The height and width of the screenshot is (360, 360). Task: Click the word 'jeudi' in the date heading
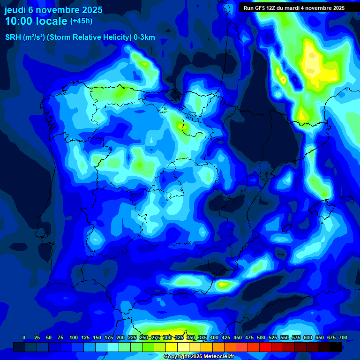(x=16, y=10)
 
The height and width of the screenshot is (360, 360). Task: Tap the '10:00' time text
(x=20, y=22)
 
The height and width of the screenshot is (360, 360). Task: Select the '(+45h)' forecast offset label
(x=81, y=21)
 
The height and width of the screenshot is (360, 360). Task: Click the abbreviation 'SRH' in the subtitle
(x=13, y=37)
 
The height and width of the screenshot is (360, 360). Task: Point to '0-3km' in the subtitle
(x=144, y=37)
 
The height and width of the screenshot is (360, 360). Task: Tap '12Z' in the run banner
(x=276, y=8)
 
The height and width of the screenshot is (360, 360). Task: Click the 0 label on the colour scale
(x=24, y=338)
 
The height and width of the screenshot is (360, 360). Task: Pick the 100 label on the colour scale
(x=74, y=338)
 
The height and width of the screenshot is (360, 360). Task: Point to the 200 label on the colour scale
(x=120, y=338)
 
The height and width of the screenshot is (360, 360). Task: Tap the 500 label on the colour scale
(x=261, y=338)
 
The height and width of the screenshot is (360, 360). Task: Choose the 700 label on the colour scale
(x=343, y=338)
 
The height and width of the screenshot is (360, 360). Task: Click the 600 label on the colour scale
(x=308, y=338)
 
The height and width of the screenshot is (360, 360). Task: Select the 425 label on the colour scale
(x=226, y=338)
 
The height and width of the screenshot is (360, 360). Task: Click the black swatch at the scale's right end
(x=336, y=347)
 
